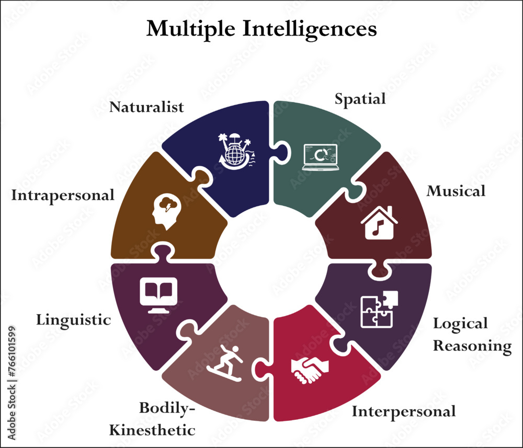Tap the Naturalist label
coord(146,107)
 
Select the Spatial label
coord(360,98)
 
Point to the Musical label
coord(456,191)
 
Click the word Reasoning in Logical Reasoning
coord(472,346)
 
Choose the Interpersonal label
coord(403,411)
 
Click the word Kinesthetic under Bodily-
coord(152,430)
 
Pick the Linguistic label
coord(73,319)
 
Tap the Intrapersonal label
coord(63,196)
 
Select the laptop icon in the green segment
coord(320,157)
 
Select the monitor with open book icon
coord(158,294)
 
